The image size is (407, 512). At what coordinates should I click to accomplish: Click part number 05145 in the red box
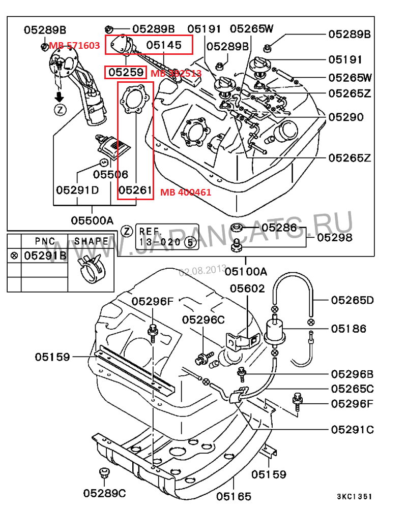(163, 45)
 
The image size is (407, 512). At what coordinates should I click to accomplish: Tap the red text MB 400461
(186, 193)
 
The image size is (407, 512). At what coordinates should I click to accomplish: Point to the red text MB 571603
(74, 46)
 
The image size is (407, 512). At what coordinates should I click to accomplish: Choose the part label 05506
(110, 174)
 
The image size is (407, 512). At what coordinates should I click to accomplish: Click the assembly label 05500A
(92, 220)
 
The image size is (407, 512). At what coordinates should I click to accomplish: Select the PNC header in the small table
(45, 241)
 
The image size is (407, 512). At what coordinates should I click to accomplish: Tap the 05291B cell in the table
(45, 255)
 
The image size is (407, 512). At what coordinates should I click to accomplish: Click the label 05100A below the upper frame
(246, 271)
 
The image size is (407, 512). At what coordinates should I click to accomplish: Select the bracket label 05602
(247, 289)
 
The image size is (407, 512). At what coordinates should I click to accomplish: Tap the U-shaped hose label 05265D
(353, 300)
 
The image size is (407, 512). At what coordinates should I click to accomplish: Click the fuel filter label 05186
(348, 329)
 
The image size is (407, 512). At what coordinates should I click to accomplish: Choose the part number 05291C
(353, 430)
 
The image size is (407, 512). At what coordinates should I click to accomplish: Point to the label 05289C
(105, 493)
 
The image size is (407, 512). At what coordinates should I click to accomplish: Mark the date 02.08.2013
(202, 271)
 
